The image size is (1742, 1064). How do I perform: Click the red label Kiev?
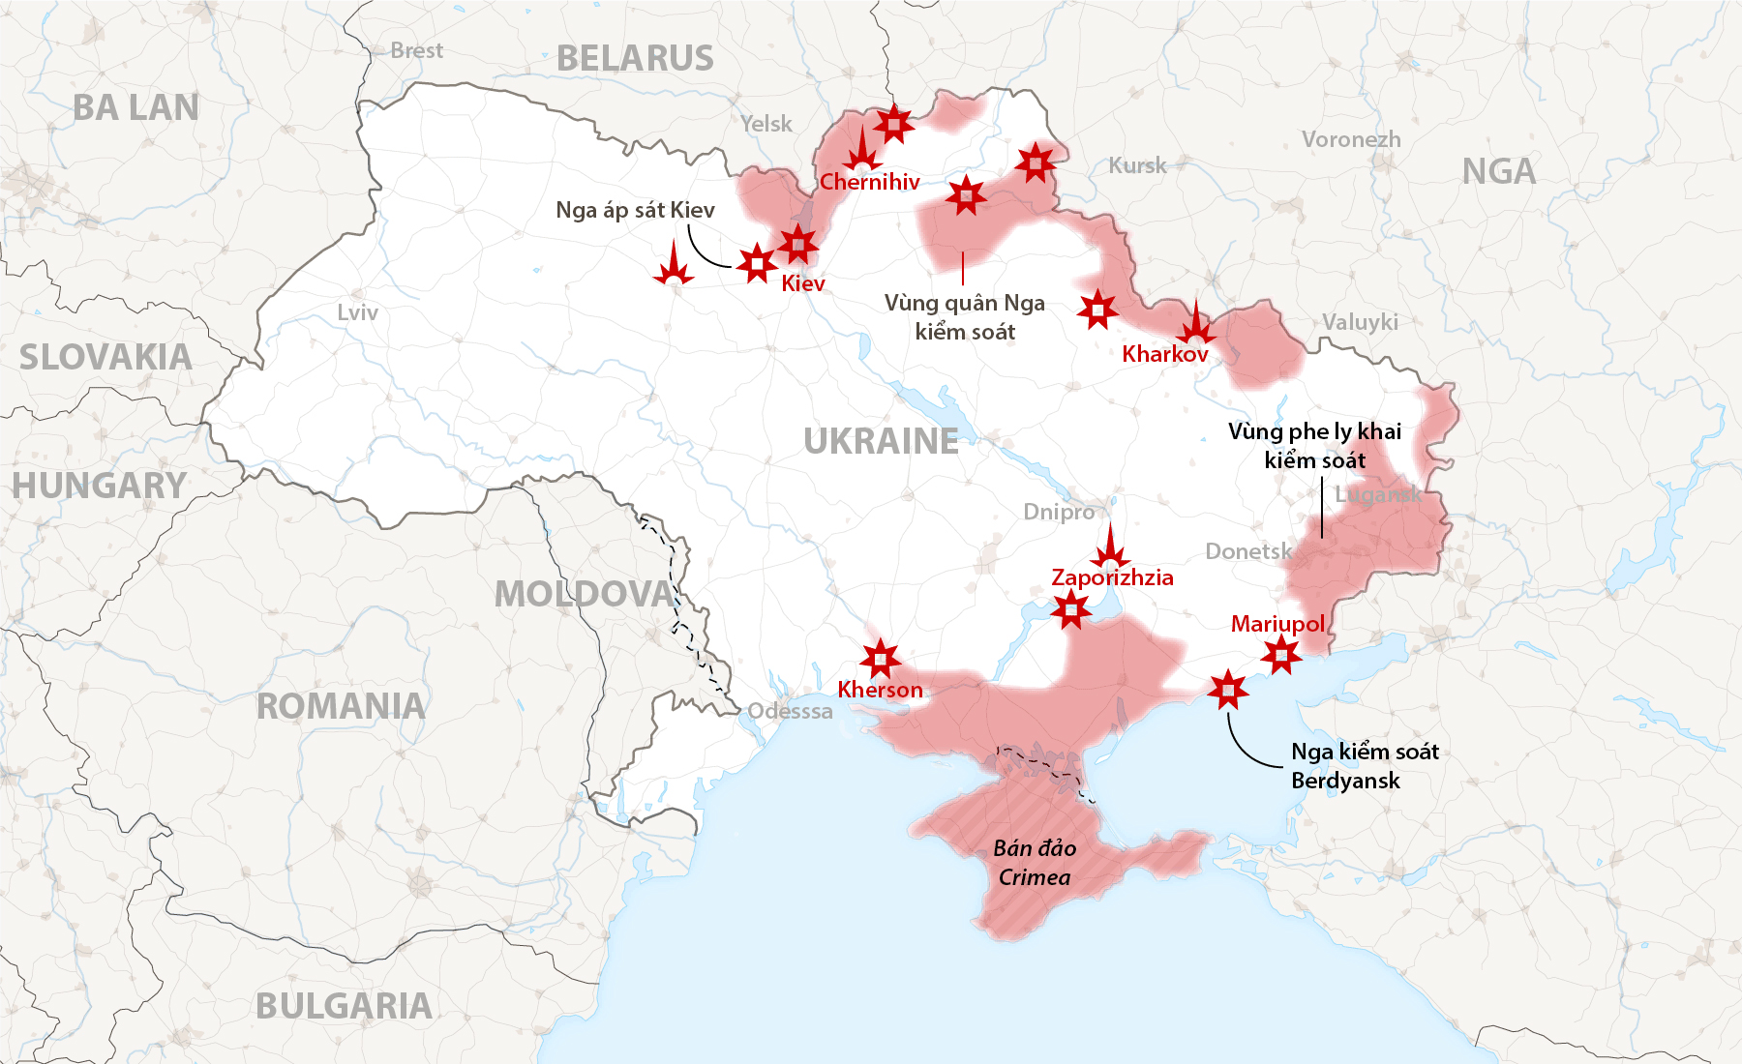click(803, 283)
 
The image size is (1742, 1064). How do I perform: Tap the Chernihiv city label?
click(869, 182)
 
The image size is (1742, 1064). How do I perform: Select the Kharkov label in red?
click(1165, 354)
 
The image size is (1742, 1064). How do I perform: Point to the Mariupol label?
click(1277, 624)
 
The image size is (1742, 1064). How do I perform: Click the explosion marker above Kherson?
click(881, 659)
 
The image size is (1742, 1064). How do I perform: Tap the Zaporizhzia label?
click(1112, 578)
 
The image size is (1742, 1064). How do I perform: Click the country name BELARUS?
click(635, 59)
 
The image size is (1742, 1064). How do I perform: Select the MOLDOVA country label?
click(584, 594)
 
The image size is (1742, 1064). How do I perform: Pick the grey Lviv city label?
click(357, 312)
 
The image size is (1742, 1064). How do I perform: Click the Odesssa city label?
click(790, 711)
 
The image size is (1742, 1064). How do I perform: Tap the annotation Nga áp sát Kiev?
click(635, 210)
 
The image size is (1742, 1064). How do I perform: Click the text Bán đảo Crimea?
click(1035, 863)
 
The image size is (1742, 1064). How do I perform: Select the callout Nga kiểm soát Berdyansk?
click(1365, 766)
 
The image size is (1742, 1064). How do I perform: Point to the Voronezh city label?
click(1351, 139)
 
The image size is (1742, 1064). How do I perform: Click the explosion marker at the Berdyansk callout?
click(1228, 690)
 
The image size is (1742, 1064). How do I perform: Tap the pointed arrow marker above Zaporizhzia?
click(1110, 547)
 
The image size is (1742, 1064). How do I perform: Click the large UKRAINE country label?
click(881, 442)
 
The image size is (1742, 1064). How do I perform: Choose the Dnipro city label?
click(1059, 512)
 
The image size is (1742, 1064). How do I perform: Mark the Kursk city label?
click(1137, 165)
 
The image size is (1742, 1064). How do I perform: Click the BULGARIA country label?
click(344, 1007)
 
